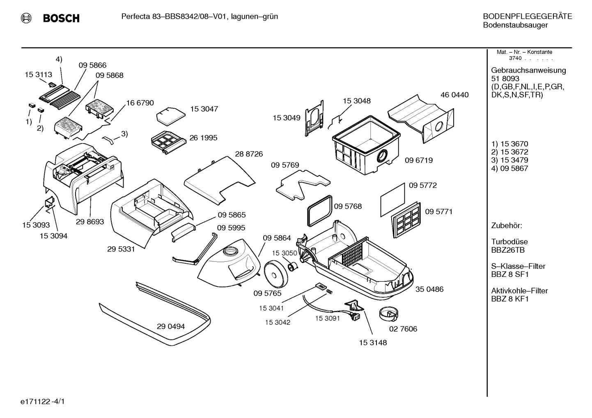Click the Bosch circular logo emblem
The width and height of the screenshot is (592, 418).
(26, 18)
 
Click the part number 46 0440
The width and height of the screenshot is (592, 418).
(454, 95)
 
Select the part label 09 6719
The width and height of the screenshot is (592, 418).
(419, 160)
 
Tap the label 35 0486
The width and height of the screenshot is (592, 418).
(429, 289)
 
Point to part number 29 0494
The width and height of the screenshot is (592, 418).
(171, 327)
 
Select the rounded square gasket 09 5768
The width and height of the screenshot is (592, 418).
(319, 211)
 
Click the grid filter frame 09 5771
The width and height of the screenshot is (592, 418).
(406, 220)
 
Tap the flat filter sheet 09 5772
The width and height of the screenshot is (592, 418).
(393, 200)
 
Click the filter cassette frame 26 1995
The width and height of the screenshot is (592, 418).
(168, 143)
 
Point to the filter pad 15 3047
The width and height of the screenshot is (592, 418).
(171, 116)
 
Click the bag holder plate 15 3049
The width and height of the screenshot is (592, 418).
(314, 118)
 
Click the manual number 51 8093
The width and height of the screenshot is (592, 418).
(505, 79)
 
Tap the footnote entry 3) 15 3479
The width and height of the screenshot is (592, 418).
(509, 160)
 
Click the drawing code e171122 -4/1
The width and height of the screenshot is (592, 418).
(43, 402)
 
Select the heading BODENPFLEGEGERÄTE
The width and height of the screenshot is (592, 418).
(528, 16)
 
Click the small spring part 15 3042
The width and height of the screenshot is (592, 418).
(330, 292)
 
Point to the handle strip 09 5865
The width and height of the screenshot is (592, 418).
(184, 232)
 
